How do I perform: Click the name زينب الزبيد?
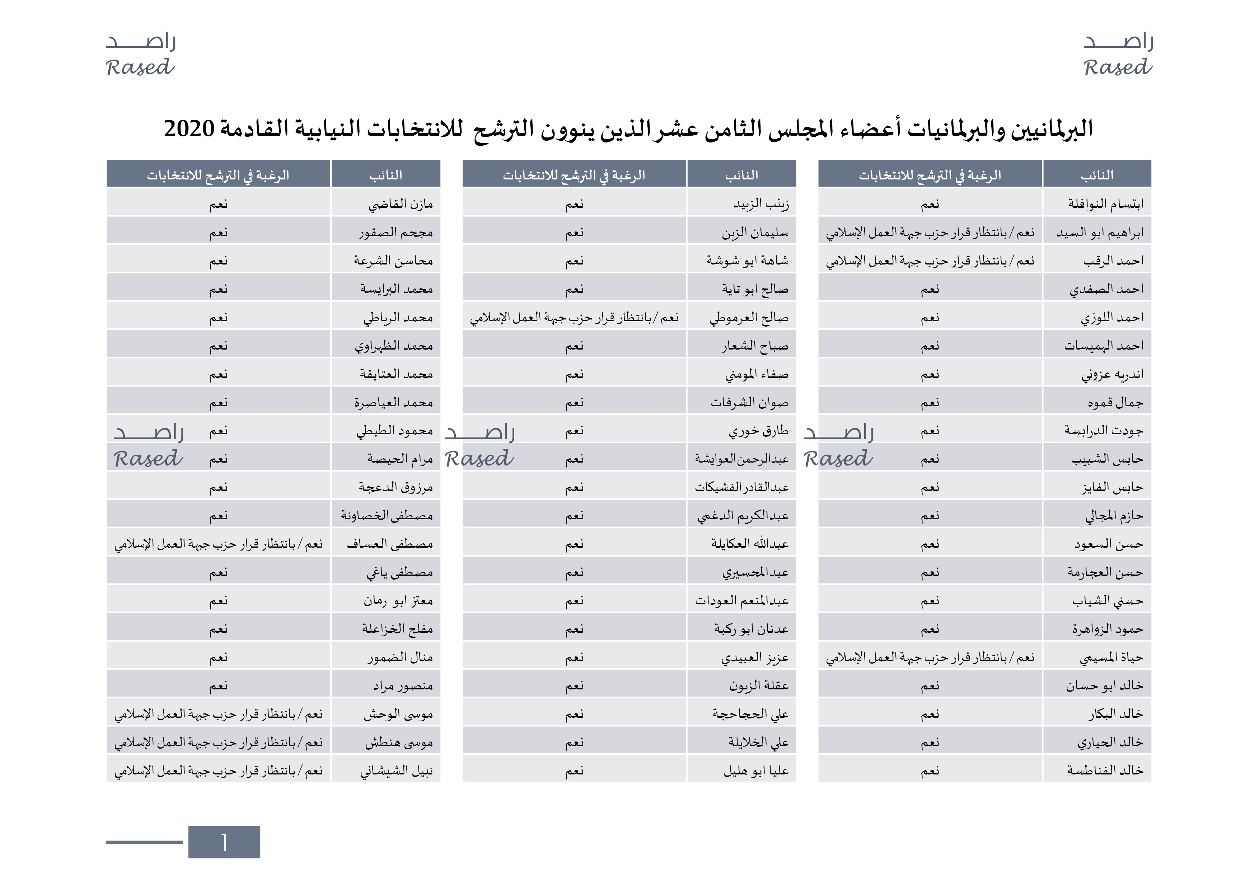point(761,204)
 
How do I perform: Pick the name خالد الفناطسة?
point(1105,770)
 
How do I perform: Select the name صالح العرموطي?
point(749,318)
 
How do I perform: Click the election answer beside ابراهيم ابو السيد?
point(930,233)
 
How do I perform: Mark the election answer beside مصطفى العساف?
point(218,544)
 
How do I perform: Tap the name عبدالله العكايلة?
point(750,544)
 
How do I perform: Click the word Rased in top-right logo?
point(1118,67)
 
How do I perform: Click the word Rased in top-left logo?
point(140,67)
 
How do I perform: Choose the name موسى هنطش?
point(399,743)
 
